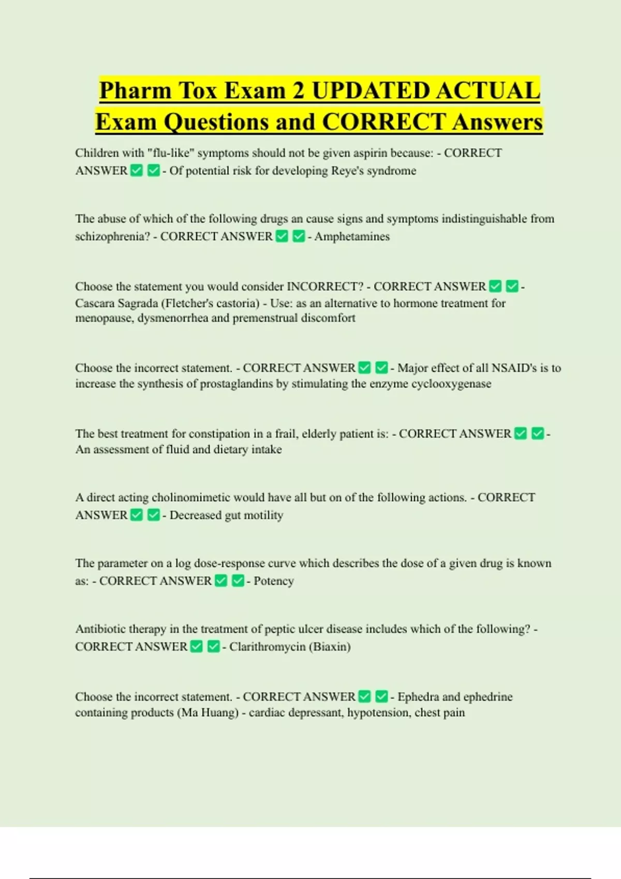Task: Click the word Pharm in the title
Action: pyautogui.click(x=135, y=90)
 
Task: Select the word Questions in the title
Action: pyautogui.click(x=217, y=122)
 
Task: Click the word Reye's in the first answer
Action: pyautogui.click(x=347, y=171)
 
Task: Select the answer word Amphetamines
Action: pyautogui.click(x=352, y=236)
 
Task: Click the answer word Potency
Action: pyautogui.click(x=274, y=581)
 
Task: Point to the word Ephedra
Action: pyautogui.click(x=418, y=696)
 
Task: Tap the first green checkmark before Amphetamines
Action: pyautogui.click(x=282, y=236)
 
